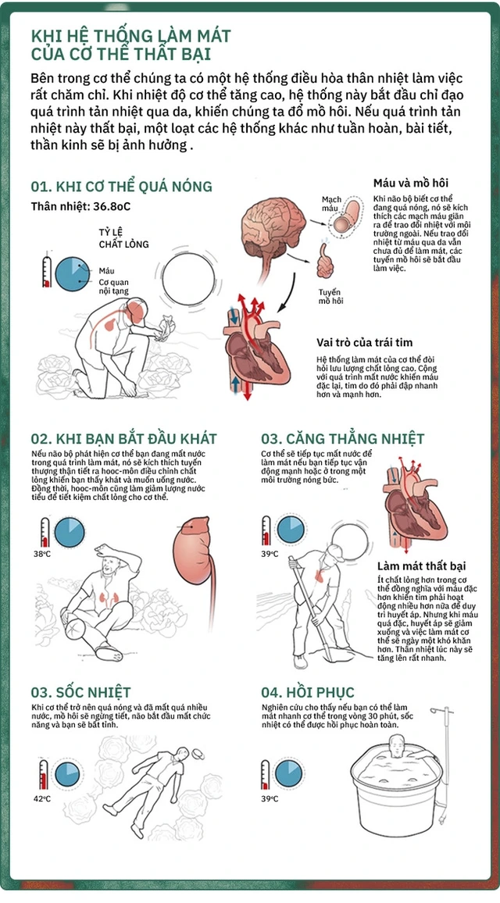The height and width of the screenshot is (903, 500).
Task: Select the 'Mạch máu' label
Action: pyautogui.click(x=331, y=205)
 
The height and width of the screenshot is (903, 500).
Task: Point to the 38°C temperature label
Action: pyautogui.click(x=42, y=554)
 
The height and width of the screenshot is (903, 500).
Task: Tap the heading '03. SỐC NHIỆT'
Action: pyautogui.click(x=80, y=692)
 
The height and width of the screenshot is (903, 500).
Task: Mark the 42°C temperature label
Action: pyautogui.click(x=42, y=798)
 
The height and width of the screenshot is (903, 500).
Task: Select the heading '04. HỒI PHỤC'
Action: pyautogui.click(x=307, y=692)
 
